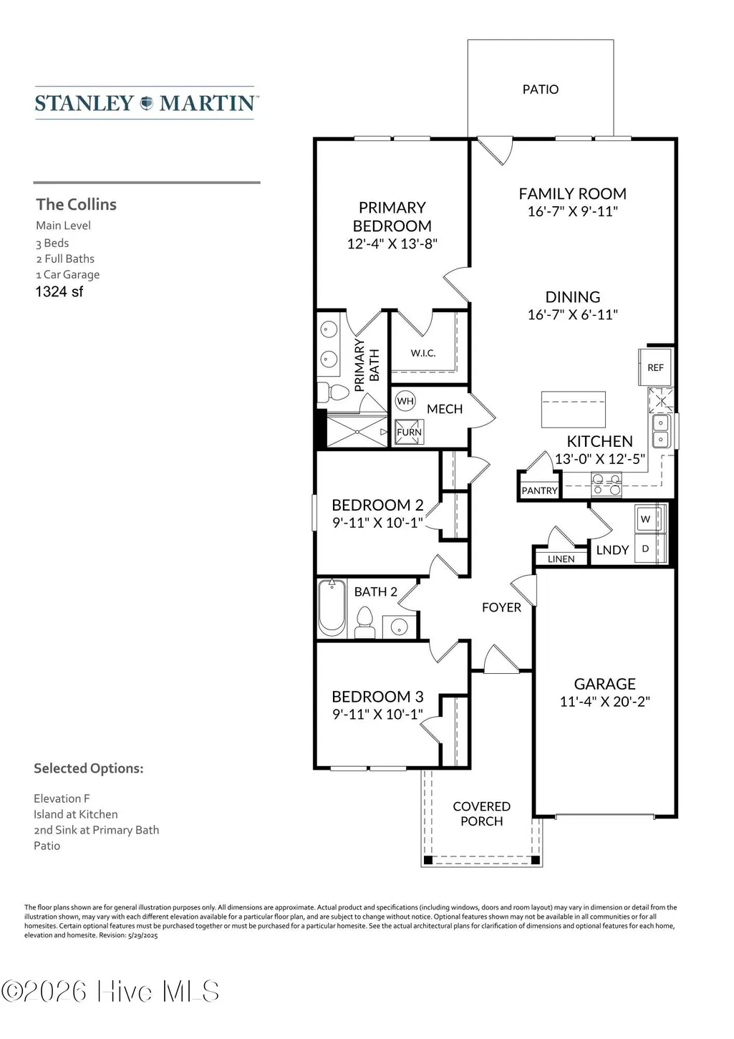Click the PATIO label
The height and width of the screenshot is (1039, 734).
click(540, 89)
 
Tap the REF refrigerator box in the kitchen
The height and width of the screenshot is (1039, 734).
click(656, 367)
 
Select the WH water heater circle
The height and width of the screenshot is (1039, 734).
click(405, 401)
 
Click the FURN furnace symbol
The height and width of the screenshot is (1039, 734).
click(409, 432)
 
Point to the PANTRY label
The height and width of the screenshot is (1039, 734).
click(540, 490)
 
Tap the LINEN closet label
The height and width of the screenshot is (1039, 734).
click(561, 559)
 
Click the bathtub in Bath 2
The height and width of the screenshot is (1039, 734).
click(332, 608)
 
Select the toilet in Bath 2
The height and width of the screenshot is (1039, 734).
click(364, 624)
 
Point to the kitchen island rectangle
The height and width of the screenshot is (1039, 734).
click(573, 409)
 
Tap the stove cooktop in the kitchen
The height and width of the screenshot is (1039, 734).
click(606, 484)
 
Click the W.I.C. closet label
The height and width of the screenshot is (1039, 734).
click(423, 353)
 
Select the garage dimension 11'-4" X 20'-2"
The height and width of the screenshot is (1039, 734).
click(604, 702)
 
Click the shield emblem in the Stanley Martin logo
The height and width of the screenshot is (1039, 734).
click(147, 102)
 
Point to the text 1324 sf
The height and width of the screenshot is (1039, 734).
click(59, 291)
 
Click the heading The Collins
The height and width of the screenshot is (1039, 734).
click(77, 205)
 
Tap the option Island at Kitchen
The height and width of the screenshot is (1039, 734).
click(76, 814)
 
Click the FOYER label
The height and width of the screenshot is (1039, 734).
click(501, 607)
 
